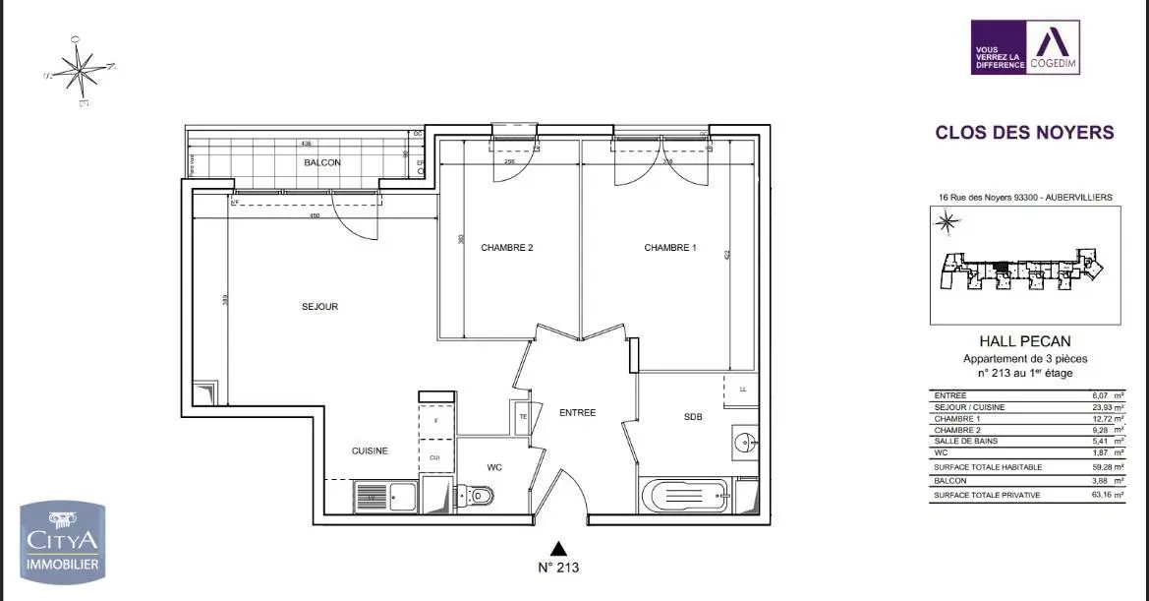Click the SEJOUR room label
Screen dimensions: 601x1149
coord(319,307)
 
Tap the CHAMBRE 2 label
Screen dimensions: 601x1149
coord(506,248)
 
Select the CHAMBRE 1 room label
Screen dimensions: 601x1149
coord(669,248)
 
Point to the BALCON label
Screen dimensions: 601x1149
coord(321,162)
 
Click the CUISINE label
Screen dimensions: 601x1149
coord(370,451)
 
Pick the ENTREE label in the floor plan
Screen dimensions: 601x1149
coord(577,413)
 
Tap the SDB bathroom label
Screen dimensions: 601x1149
coord(693,417)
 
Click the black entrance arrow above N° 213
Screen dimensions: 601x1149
coord(558,548)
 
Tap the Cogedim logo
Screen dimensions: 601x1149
coord(1025,47)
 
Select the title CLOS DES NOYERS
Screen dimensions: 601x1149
coord(1024,132)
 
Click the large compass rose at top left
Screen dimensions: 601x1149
coord(80,70)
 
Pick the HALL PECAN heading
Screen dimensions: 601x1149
coord(1024,341)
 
